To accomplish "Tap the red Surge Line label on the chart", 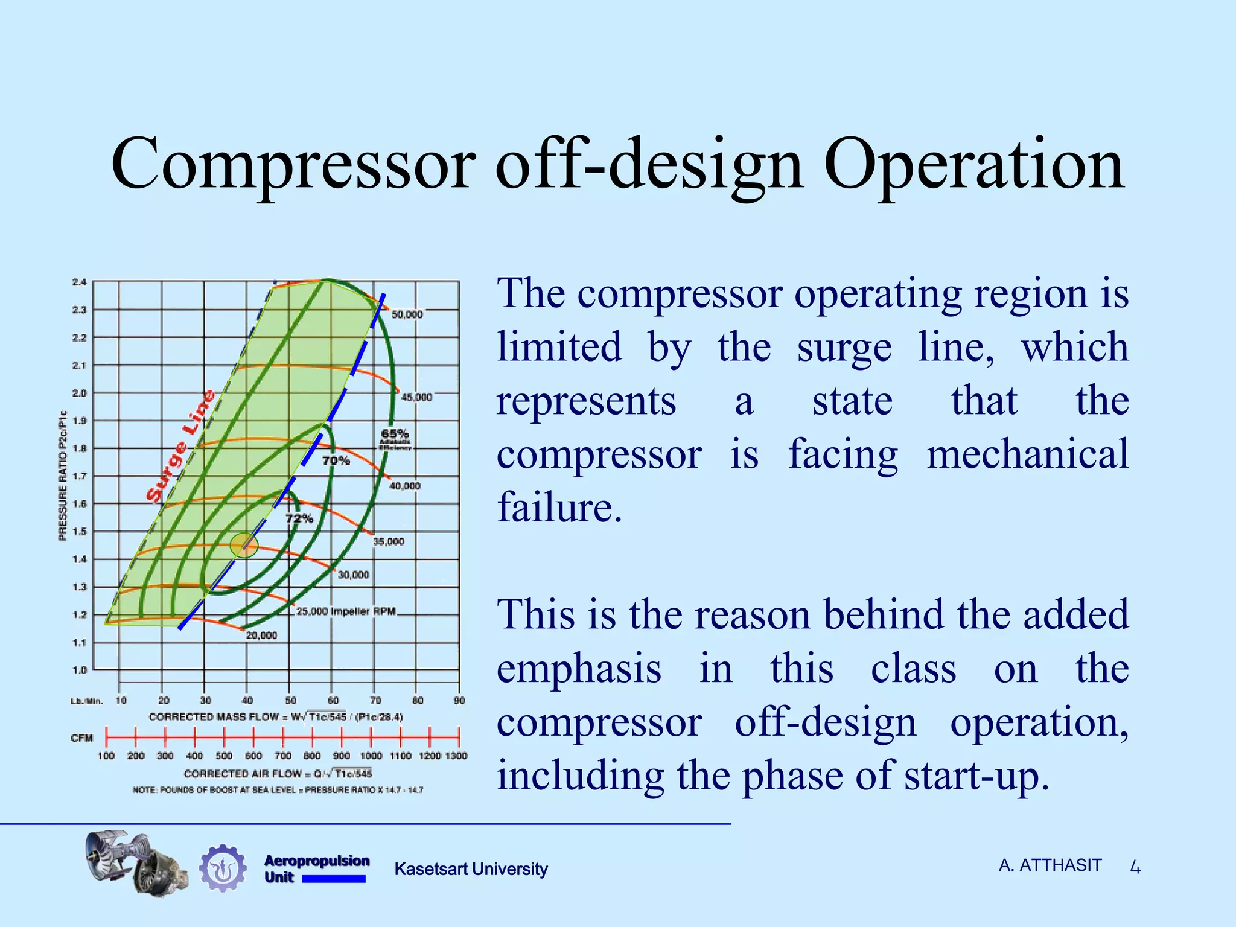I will coord(180,446).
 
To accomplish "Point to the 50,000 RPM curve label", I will coord(407,314).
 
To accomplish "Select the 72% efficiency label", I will coord(299,518).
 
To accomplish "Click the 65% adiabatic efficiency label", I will coord(395,433).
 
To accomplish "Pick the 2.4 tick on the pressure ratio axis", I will coord(79,282).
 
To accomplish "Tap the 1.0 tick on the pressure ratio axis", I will coord(79,670).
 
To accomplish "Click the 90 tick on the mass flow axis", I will coord(459,701).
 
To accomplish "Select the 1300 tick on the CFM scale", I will coord(456,756).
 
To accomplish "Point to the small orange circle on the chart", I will coord(244,546).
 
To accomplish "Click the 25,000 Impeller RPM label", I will coord(346,611).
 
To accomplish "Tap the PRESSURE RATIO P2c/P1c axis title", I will coord(62,476).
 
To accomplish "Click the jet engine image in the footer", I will coord(136,862).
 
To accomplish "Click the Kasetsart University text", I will coord(471,869).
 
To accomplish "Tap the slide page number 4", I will coord(1135,868).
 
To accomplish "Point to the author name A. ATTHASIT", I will coord(1050,865).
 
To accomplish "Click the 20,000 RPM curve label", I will coord(261,636).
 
